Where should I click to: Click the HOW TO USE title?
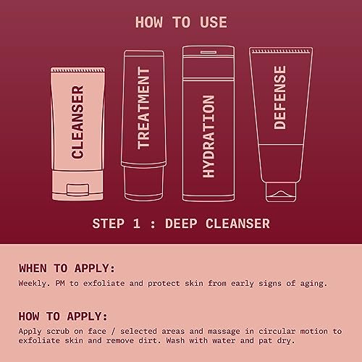pyautogui.click(x=181, y=22)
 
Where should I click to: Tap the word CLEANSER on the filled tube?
pyautogui.click(x=77, y=122)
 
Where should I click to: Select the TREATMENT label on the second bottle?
pyautogui.click(x=143, y=108)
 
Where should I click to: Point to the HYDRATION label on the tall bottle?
pyautogui.click(x=209, y=137)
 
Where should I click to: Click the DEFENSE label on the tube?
pyautogui.click(x=280, y=98)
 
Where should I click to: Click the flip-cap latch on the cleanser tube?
pyautogui.click(x=77, y=190)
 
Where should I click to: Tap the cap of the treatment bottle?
pyautogui.click(x=143, y=182)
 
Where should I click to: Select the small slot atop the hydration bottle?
pyautogui.click(x=209, y=52)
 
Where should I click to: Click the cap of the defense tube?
pyautogui.click(x=281, y=192)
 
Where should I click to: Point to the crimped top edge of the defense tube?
pyautogui.click(x=281, y=51)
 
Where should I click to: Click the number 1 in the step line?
pyautogui.click(x=137, y=224)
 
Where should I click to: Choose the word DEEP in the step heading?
pyautogui.click(x=181, y=224)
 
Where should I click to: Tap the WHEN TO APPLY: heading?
pyautogui.click(x=67, y=269)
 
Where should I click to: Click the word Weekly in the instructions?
pyautogui.click(x=34, y=284)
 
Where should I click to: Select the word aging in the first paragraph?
pyautogui.click(x=313, y=284)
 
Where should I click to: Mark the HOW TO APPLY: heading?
pyautogui.click(x=63, y=316)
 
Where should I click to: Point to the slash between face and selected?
pyautogui.click(x=113, y=332)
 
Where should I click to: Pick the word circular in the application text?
pyautogui.click(x=277, y=332)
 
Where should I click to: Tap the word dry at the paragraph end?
pyautogui.click(x=288, y=341)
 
